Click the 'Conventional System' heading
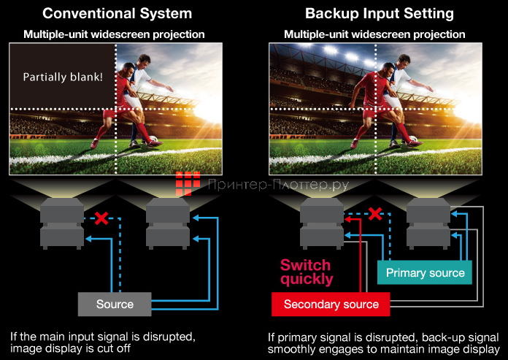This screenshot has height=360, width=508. pos(118,13)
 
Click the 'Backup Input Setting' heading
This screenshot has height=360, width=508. pos(379,13)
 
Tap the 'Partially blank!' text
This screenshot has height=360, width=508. pos(62,77)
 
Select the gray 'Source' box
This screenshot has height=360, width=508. pos(115,304)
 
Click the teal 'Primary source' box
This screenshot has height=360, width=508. pos(425,273)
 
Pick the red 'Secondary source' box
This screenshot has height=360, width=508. pos(331,304)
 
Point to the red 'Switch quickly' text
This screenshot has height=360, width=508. pos(306,271)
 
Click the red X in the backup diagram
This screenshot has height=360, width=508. pos(375,213)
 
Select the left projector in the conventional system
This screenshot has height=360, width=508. pos(64,222)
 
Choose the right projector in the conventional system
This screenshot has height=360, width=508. pos(169,222)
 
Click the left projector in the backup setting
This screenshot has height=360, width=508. pos(322,222)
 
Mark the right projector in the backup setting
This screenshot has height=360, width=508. pos(428,222)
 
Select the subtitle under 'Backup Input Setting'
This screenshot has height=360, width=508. pos(374,34)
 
